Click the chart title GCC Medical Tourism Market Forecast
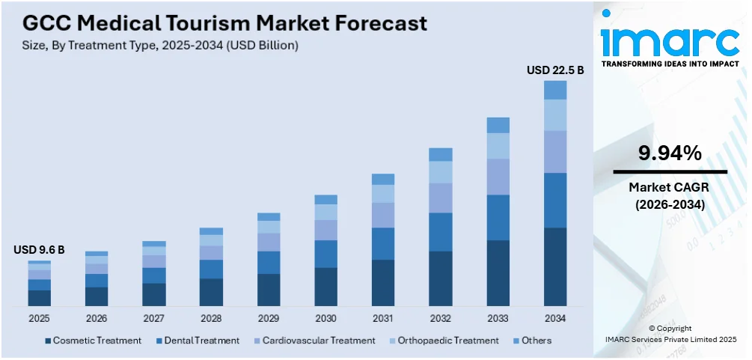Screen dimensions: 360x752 [220, 22]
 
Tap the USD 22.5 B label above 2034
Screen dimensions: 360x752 [554, 70]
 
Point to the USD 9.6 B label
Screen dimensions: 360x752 [39, 250]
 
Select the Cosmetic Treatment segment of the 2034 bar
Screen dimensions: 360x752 [554, 266]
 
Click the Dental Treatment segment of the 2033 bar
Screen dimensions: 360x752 [498, 217]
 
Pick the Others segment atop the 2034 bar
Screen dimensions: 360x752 [554, 90]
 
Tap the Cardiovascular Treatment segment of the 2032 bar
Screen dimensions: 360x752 [441, 198]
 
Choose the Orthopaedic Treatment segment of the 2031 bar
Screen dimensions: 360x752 [383, 194]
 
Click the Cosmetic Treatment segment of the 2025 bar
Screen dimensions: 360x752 [40, 298]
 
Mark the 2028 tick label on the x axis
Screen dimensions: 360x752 [211, 318]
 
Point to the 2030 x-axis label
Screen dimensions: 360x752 [325, 318]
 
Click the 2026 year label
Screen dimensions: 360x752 [97, 318]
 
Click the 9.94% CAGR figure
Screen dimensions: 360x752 [669, 153]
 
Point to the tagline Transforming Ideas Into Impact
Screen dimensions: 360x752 [670, 64]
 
